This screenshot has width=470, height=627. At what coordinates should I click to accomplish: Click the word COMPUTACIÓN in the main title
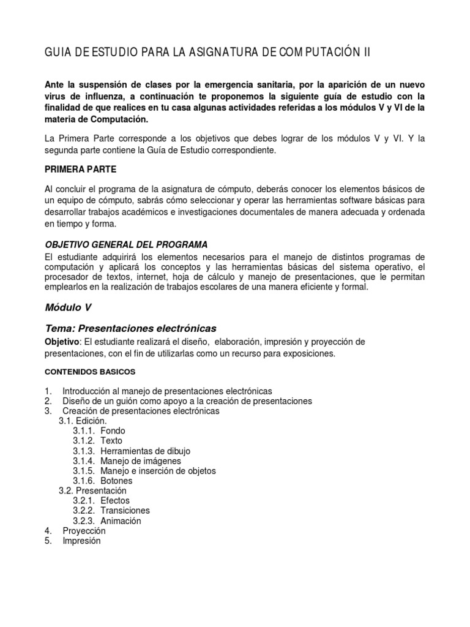coord(319,53)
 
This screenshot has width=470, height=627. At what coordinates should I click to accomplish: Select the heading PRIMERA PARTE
coord(81,168)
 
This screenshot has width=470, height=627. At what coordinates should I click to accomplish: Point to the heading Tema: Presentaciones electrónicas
coord(131,328)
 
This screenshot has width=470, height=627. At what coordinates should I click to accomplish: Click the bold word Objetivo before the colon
coord(62,341)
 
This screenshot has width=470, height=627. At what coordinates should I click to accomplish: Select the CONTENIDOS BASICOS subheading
coord(91,372)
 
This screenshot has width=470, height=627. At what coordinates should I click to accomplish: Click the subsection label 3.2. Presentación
coord(92,490)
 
